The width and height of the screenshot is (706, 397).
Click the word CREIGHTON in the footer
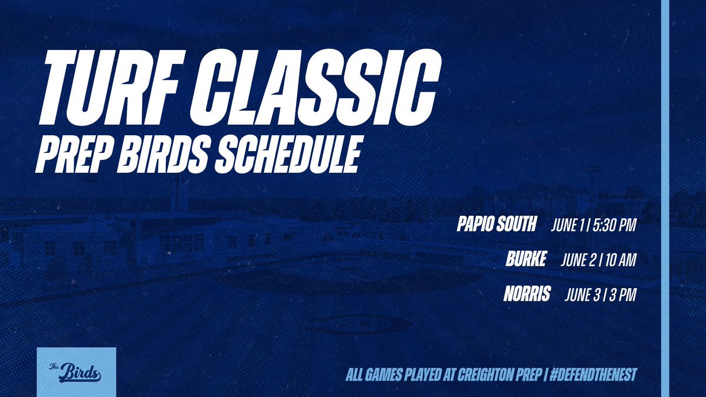[x=472, y=374]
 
